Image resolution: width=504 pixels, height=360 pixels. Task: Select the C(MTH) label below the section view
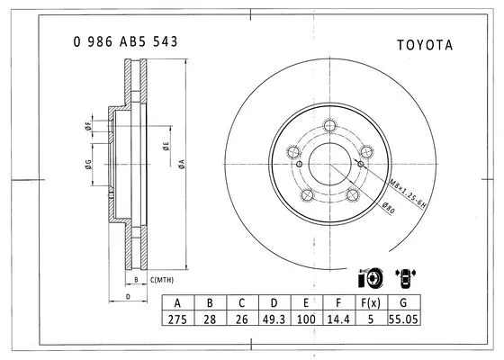click(x=162, y=279)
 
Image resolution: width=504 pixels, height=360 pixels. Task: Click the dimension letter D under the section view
click(x=128, y=295)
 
